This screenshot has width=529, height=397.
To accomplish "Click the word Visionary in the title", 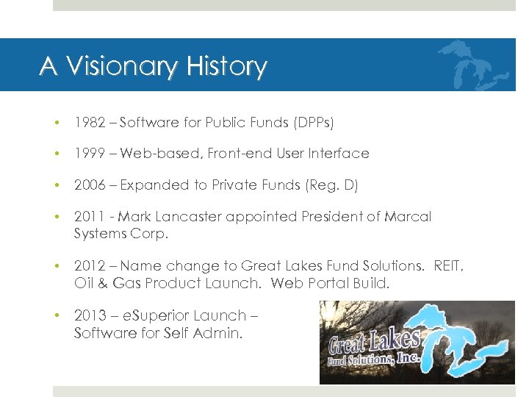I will [x=120, y=66].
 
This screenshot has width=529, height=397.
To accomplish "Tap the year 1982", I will [x=88, y=123].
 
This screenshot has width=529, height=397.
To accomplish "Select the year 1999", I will [x=88, y=154].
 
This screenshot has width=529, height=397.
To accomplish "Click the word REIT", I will [x=447, y=266].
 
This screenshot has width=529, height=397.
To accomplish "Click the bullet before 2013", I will [x=57, y=315].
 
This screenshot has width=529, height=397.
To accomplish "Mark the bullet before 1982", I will [x=57, y=123].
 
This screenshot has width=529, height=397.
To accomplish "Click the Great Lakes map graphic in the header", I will [x=472, y=65].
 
